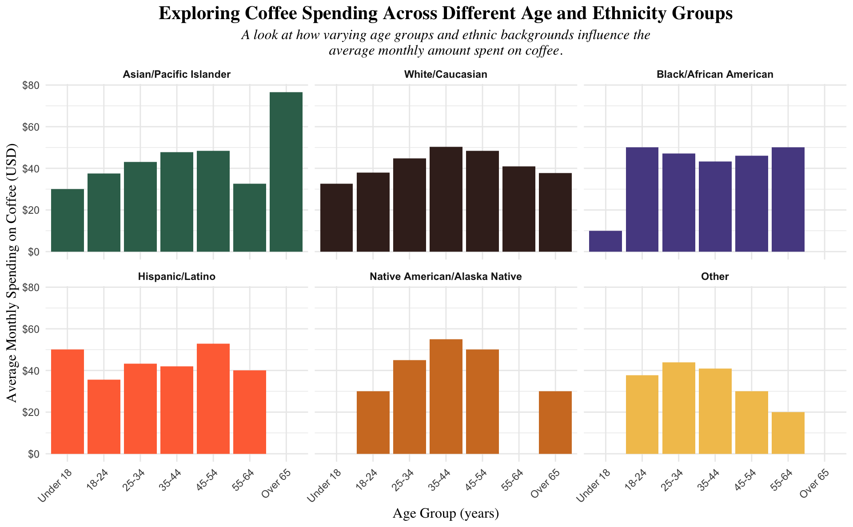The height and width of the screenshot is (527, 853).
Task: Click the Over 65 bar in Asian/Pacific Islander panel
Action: point(286,172)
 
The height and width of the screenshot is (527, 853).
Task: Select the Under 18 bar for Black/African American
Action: point(606,241)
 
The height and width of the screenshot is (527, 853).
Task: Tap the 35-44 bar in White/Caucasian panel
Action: point(446,199)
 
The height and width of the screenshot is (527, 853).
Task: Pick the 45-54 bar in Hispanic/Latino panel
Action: point(213,399)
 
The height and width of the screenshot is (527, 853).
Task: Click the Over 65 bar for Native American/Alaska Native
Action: point(555,422)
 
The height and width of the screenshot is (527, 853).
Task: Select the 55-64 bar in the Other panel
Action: point(788,433)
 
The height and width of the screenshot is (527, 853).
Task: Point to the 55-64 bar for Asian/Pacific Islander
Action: point(250,218)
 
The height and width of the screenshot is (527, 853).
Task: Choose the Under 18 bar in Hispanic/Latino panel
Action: point(68,402)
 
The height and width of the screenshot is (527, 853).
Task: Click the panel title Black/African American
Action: point(714,75)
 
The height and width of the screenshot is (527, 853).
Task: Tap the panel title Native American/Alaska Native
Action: point(446,277)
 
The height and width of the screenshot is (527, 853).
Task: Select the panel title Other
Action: point(714,277)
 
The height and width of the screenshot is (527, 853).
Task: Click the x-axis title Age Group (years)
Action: point(446,514)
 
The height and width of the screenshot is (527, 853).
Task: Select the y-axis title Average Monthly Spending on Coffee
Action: point(13,273)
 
